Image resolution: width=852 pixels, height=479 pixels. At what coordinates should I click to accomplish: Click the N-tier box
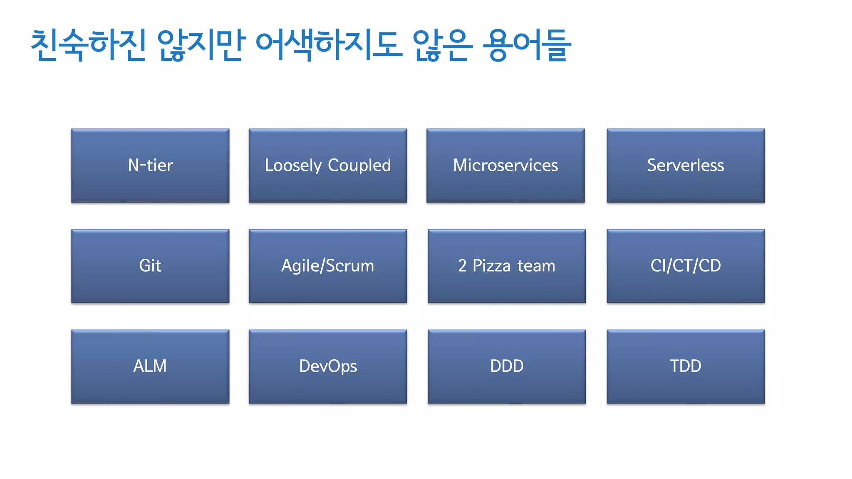[150, 165]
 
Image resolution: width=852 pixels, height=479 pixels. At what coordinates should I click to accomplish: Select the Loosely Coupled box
[328, 165]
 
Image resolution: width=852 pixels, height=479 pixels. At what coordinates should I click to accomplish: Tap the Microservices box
[505, 165]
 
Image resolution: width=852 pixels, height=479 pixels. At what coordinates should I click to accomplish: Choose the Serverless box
[686, 165]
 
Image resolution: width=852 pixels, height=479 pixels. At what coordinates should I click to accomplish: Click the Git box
[150, 266]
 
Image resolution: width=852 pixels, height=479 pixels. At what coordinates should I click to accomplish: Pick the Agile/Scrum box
[328, 266]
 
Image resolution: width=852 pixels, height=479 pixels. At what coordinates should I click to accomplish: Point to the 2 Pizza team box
[507, 266]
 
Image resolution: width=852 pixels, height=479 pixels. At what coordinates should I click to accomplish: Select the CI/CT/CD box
[686, 266]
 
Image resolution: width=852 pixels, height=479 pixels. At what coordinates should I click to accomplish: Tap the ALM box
[150, 366]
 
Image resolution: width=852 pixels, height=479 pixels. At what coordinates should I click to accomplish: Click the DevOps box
[328, 366]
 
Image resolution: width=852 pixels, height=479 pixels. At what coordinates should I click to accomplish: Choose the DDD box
[507, 366]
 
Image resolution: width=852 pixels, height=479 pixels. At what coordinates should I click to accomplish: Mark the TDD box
[686, 366]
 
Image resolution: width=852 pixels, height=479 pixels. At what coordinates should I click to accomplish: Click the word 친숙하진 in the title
[89, 45]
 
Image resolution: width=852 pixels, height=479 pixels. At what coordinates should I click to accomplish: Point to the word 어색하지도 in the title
[329, 45]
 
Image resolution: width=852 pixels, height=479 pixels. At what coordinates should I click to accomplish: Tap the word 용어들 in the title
[527, 45]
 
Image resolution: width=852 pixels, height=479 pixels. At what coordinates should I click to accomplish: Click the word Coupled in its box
[359, 165]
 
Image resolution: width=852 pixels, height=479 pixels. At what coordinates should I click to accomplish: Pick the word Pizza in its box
[491, 266]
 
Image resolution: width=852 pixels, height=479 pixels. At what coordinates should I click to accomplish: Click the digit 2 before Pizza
[462, 266]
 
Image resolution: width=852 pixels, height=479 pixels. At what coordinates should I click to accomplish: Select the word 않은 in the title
[443, 45]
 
